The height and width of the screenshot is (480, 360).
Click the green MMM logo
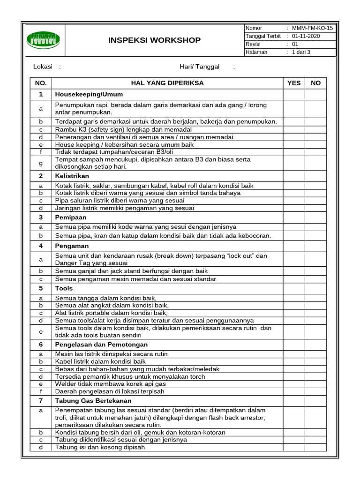43,40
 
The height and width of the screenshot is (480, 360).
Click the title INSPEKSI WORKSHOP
154,40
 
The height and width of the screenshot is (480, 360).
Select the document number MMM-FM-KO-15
312,28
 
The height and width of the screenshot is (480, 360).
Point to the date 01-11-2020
306,36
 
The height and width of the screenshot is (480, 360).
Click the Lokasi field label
43,67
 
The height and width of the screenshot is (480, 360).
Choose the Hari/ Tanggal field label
199,67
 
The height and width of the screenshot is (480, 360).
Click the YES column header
294,83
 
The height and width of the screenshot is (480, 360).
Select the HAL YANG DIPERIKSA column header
167,83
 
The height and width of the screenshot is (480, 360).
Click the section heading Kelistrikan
72,176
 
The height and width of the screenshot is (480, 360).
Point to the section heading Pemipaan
71,217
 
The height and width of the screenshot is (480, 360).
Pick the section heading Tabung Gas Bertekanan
93,401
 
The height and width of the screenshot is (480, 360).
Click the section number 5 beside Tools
41,288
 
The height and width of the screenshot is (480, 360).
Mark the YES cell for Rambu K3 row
294,129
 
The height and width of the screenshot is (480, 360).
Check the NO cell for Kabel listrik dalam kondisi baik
315,361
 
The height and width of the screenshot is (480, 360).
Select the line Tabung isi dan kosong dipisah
100,447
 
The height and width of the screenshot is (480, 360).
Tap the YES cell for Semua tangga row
294,298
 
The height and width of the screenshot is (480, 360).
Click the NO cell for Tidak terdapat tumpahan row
315,152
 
